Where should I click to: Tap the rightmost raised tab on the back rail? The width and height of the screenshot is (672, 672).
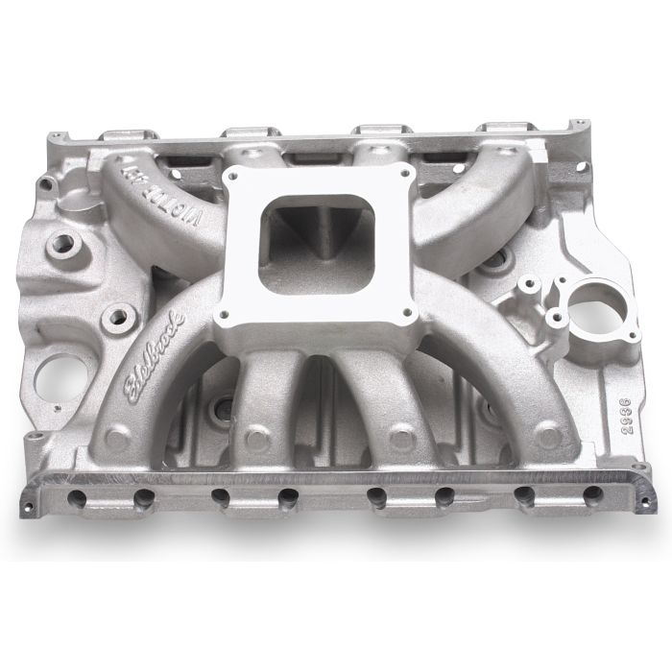click(492, 129)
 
